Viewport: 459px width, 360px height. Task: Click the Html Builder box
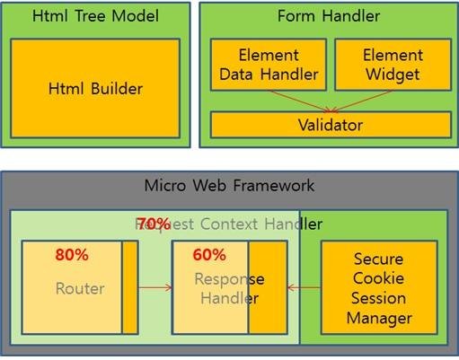[x=94, y=88]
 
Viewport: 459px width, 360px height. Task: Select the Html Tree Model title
[x=94, y=16]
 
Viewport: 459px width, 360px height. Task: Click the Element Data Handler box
[x=268, y=66]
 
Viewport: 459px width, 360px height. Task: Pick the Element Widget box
[x=393, y=66]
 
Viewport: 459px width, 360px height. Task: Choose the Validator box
[x=331, y=124]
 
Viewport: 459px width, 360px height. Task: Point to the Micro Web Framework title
[x=230, y=186]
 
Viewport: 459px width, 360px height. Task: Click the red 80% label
[x=71, y=254]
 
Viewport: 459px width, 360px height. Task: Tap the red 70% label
[x=154, y=223]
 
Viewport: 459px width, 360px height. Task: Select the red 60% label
[x=208, y=254]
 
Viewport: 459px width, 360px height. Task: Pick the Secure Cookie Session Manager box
[x=378, y=287]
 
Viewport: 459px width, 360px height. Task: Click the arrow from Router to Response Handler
[x=155, y=288]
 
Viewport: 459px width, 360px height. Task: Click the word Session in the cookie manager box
[x=378, y=297]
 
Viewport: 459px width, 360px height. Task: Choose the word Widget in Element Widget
[x=393, y=75]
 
